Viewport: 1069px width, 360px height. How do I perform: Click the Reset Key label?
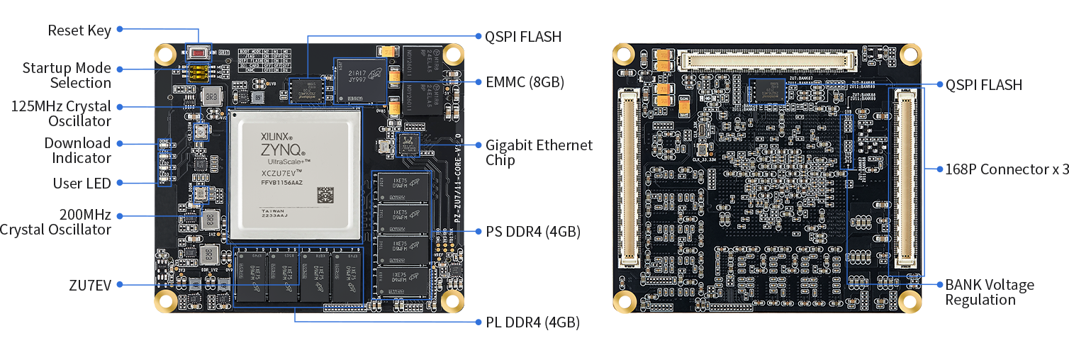point(79,30)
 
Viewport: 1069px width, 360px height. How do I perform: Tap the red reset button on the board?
point(198,52)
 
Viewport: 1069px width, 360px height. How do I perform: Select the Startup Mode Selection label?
point(67,75)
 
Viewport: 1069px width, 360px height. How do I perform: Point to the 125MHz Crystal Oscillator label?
point(61,113)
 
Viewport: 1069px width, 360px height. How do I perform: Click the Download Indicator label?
point(77,150)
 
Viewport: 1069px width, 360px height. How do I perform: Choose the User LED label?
point(82,184)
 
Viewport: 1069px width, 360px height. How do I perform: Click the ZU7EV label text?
point(90,285)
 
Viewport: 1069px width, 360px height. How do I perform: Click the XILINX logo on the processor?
point(276,133)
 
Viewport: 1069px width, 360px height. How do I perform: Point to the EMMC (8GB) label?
point(525,82)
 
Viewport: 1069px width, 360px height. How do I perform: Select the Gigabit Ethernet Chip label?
point(539,152)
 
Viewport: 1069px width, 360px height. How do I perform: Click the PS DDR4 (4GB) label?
point(532,232)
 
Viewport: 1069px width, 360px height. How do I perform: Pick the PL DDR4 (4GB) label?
point(532,322)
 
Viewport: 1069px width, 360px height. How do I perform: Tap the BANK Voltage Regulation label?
point(989,292)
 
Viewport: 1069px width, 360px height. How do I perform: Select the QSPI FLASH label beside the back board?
point(984,85)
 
